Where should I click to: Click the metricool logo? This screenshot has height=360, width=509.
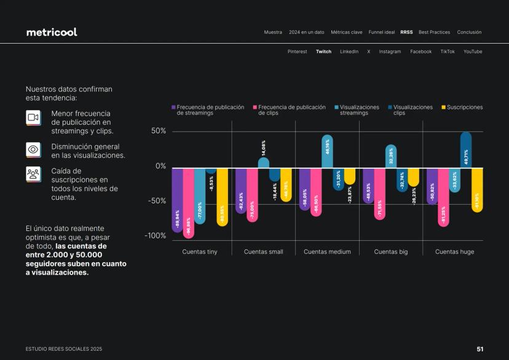(x=52, y=32)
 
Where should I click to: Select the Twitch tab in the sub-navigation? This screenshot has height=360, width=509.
(x=323, y=52)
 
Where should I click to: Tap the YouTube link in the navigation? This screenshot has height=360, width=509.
(x=473, y=52)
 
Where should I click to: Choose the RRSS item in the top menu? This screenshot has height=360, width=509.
(x=406, y=32)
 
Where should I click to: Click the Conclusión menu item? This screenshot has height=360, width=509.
(x=469, y=32)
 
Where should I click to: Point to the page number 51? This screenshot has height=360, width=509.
(x=480, y=349)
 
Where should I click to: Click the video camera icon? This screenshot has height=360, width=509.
(x=33, y=117)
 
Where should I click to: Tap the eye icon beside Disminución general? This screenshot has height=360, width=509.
(x=33, y=149)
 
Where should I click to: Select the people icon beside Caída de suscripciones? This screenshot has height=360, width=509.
(x=33, y=174)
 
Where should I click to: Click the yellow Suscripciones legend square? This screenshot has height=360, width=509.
(x=443, y=108)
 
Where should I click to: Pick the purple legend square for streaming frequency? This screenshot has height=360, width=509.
(x=173, y=108)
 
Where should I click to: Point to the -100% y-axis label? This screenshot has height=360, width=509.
(x=155, y=236)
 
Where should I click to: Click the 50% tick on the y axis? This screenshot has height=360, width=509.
(x=159, y=131)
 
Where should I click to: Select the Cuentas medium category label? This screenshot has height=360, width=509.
(x=327, y=252)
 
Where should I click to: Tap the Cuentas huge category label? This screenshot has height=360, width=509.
(x=454, y=252)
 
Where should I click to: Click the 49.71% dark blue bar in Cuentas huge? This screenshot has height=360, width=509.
(x=466, y=150)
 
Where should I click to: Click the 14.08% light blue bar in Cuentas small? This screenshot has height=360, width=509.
(x=263, y=163)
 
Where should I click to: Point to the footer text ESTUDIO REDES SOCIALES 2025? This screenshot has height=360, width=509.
(x=64, y=349)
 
